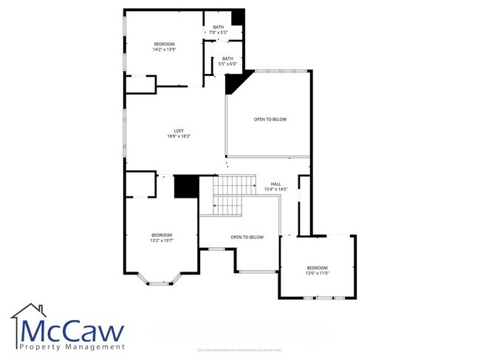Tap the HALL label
click(x=275, y=184)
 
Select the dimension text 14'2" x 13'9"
click(x=164, y=49)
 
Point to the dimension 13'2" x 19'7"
click(x=162, y=240)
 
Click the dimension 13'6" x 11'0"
click(x=317, y=273)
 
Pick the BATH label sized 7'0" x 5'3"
click(x=219, y=27)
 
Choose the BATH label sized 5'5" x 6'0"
click(x=227, y=59)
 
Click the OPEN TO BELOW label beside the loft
click(x=270, y=120)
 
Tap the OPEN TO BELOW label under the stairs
click(x=247, y=237)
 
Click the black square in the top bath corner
click(x=238, y=18)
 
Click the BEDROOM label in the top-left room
click(x=164, y=44)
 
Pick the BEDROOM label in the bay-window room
click(x=162, y=235)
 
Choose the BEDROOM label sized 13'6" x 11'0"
click(x=317, y=268)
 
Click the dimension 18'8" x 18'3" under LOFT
click(x=179, y=136)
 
